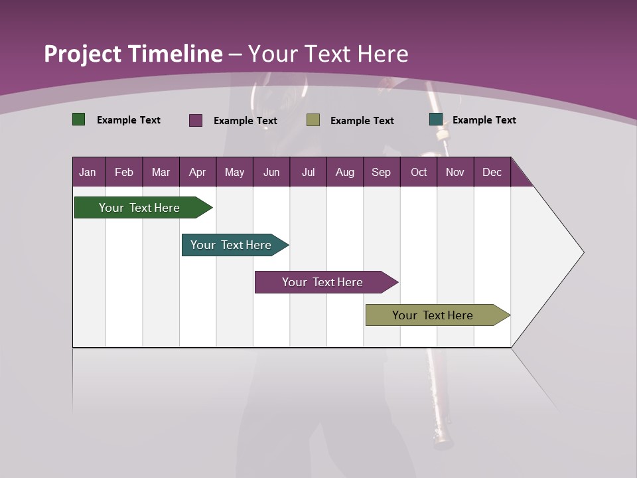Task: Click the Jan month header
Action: pyautogui.click(x=88, y=172)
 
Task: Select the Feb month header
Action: pyautogui.click(x=124, y=172)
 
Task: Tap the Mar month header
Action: pyautogui.click(x=161, y=172)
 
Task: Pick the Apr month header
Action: pyautogui.click(x=198, y=172)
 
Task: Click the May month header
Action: pyautogui.click(x=234, y=172)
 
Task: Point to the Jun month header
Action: pyautogui.click(x=271, y=172)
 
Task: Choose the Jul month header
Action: pyautogui.click(x=308, y=172)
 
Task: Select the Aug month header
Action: pyautogui.click(x=345, y=172)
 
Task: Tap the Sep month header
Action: pyautogui.click(x=382, y=172)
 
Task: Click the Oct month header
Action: pyautogui.click(x=419, y=172)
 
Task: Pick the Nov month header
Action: pyautogui.click(x=455, y=172)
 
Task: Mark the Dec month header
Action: pyautogui.click(x=492, y=172)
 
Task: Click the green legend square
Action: pyautogui.click(x=79, y=119)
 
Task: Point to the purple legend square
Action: pyautogui.click(x=196, y=120)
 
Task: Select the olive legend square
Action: pyautogui.click(x=313, y=120)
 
